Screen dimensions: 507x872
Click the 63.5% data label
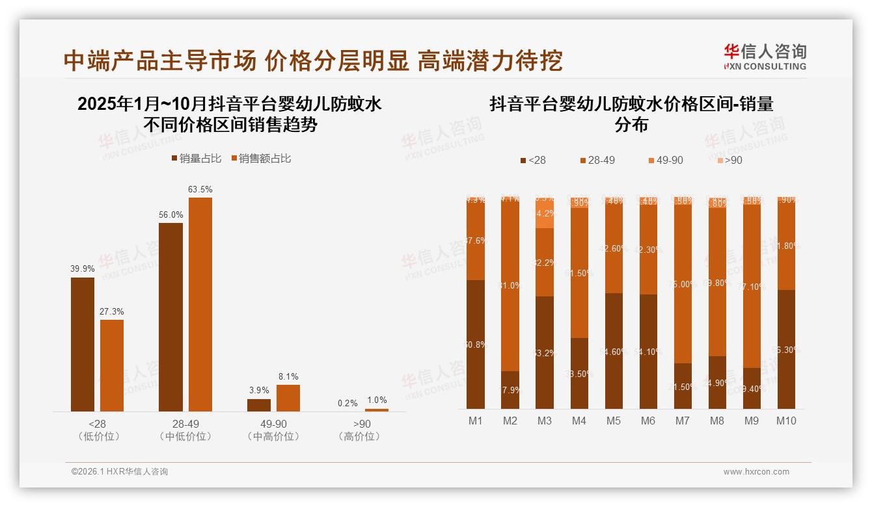(200, 189)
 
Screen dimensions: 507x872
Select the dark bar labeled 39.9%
(83, 344)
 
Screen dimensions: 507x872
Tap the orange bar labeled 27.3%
(112, 365)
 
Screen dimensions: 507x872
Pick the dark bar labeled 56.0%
(170, 317)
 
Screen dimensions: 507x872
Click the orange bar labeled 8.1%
(288, 398)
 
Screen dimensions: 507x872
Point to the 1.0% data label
(377, 400)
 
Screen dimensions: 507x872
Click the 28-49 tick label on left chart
(185, 424)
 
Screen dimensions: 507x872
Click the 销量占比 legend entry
(197, 158)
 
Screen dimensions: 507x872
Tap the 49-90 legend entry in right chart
(665, 160)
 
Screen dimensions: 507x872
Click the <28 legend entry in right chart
(533, 160)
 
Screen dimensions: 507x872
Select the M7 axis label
(682, 421)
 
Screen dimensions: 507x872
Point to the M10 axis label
(785, 421)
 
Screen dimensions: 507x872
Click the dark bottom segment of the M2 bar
(510, 390)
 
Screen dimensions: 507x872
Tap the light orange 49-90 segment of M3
(545, 214)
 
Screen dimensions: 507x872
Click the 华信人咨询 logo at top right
(765, 57)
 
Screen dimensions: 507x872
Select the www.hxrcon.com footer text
(756, 472)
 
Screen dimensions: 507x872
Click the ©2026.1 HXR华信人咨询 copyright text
(120, 472)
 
